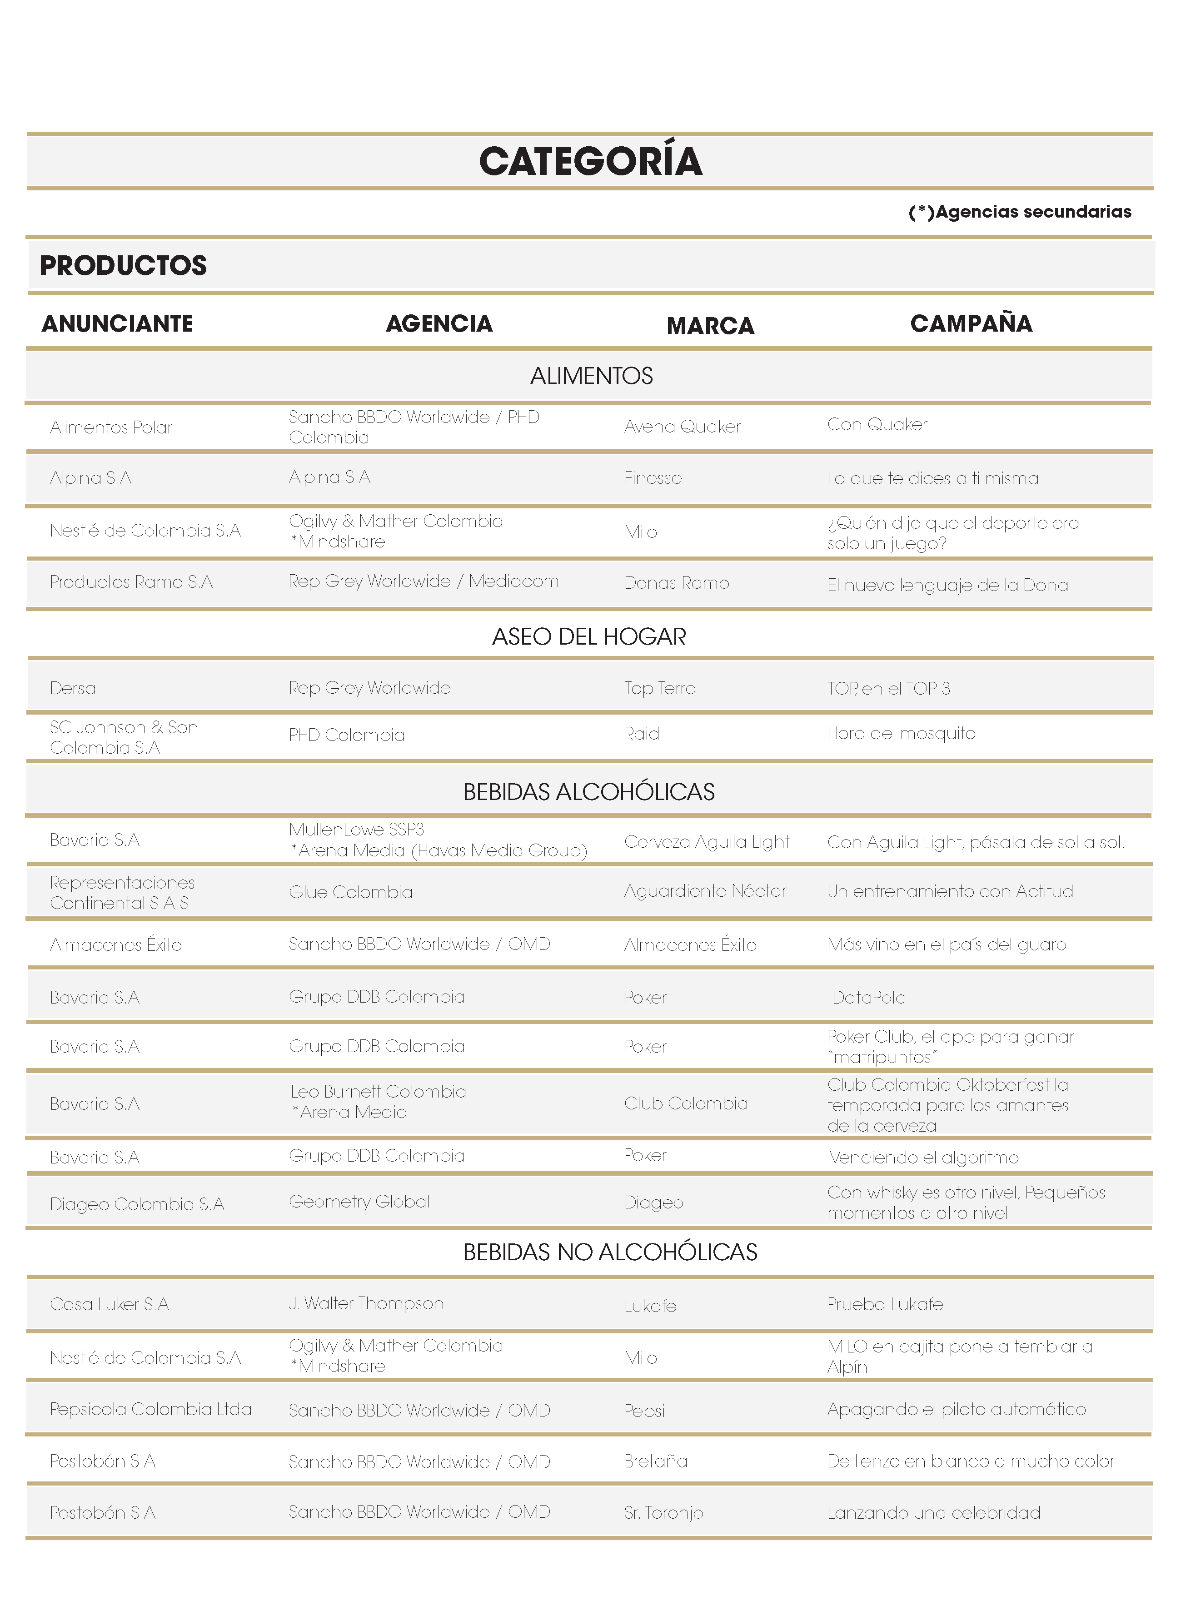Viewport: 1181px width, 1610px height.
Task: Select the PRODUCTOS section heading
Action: [x=123, y=265]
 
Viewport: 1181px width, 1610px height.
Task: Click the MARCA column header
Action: [x=710, y=326]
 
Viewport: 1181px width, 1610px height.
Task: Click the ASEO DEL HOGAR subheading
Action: [x=589, y=636]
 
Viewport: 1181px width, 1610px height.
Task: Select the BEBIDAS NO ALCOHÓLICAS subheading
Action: [x=610, y=1252]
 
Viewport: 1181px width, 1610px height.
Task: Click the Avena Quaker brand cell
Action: [x=682, y=427]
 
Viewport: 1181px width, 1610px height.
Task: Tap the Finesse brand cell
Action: [x=653, y=478]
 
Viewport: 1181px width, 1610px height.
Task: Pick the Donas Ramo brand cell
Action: [x=676, y=583]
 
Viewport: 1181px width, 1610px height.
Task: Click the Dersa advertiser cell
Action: [x=73, y=688]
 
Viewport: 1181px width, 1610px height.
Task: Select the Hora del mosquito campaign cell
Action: [x=901, y=733]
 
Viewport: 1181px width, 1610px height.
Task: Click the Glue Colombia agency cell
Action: [x=350, y=892]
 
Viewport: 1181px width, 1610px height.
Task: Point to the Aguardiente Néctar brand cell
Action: [x=705, y=891]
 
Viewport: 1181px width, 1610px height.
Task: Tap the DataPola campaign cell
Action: [x=868, y=998]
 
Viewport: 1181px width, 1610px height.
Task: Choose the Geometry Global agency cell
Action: [x=359, y=1202]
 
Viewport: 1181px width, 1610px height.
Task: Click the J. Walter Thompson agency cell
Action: [x=366, y=1303]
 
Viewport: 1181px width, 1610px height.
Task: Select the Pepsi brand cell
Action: [x=644, y=1411]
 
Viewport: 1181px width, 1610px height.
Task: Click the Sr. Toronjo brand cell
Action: [x=663, y=1513]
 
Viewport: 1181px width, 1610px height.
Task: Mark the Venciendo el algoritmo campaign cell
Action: [x=924, y=1158]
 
